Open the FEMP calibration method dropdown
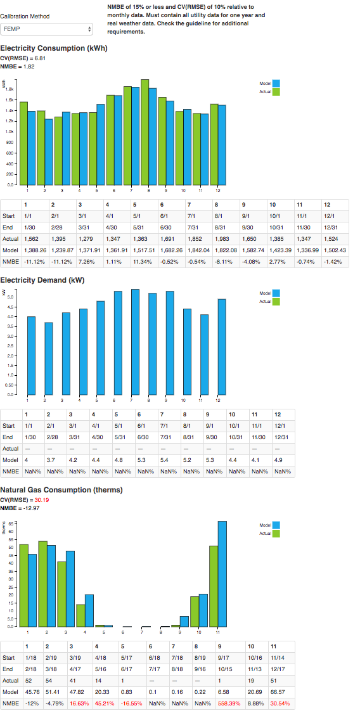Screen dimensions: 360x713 click(46, 30)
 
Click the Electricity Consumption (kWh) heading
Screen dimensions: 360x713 click(54, 48)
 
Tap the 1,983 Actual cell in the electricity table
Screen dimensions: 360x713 click(250, 238)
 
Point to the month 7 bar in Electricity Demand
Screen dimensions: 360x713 click(134, 342)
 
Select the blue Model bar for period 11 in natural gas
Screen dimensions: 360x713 click(222, 574)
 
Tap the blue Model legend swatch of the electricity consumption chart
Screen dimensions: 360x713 click(276, 83)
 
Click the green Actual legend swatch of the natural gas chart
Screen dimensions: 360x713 click(276, 533)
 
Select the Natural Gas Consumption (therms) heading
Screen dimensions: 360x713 click(61, 490)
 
